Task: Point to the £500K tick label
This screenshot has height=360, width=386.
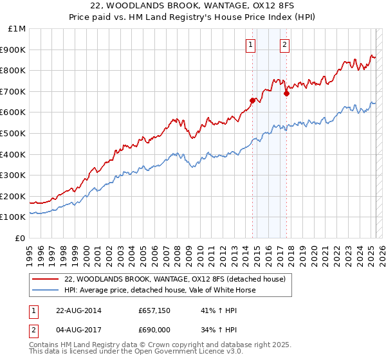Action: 14,133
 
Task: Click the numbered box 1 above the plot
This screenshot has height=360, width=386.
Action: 250,45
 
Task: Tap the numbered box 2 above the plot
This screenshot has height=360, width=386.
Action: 284,45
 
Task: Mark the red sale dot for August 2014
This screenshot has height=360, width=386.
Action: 252,100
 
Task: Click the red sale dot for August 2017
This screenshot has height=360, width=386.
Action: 286,93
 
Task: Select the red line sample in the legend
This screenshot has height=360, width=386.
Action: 46,279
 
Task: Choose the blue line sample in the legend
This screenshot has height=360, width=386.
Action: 46,290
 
